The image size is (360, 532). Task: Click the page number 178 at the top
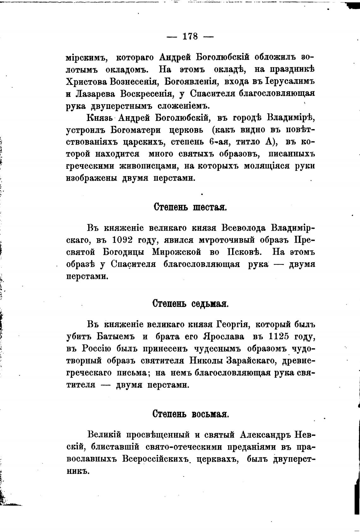[x=190, y=36]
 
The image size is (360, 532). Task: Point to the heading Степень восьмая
[x=190, y=413]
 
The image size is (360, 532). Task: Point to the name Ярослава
[x=224, y=336]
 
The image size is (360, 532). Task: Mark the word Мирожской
[x=177, y=252]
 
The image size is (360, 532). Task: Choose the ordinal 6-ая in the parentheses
[x=218, y=142]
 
